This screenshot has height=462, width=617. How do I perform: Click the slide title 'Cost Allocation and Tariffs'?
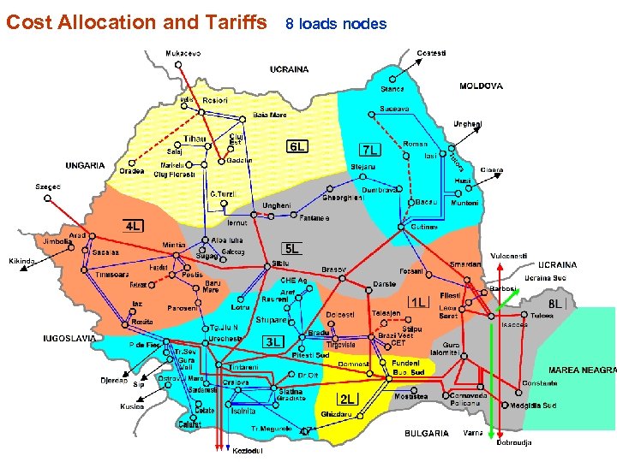tap(137, 22)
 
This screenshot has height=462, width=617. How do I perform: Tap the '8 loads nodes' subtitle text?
tap(336, 24)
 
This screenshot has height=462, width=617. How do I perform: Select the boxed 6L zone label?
tap(297, 146)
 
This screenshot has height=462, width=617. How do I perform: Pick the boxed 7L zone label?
tap(372, 149)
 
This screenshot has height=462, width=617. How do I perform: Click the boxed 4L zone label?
tap(134, 227)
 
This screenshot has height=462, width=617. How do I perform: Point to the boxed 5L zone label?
tap(292, 249)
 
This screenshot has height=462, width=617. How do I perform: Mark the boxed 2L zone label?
tap(347, 399)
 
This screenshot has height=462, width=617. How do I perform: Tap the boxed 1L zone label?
tap(419, 302)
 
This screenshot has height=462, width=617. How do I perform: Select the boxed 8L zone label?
tap(556, 304)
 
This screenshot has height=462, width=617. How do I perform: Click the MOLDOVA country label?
tap(481, 86)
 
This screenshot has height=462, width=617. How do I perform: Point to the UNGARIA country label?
tap(86, 165)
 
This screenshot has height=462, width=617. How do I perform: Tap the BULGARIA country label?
tap(426, 433)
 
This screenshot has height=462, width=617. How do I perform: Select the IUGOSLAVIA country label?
tap(70, 338)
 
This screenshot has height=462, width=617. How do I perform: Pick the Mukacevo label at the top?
tap(183, 53)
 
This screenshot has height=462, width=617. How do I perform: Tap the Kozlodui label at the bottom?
tap(247, 451)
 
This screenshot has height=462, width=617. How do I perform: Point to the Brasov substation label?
tap(333, 269)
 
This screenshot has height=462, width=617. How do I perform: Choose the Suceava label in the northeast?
tap(395, 109)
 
